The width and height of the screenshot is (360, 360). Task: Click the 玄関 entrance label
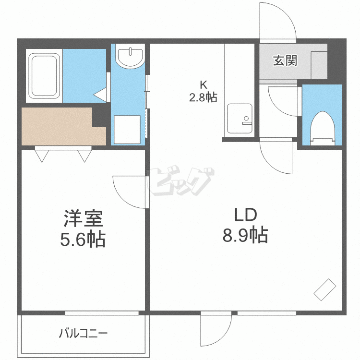[x=285, y=60]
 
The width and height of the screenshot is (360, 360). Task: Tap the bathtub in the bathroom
[x=44, y=76]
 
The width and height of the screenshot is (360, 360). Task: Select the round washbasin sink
[x=130, y=56]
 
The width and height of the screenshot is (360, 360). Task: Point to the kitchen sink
[x=240, y=119]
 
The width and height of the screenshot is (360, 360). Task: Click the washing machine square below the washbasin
[x=127, y=130]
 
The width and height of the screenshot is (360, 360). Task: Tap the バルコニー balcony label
[x=83, y=334]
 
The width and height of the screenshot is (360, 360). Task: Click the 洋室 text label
[x=83, y=218]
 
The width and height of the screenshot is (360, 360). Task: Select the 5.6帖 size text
[x=83, y=239]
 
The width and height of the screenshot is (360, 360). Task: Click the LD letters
[x=245, y=215]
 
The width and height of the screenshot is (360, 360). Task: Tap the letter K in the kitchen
[x=204, y=85]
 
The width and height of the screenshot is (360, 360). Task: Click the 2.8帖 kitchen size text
[x=203, y=97]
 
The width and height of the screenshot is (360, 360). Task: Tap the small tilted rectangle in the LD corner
[x=325, y=289]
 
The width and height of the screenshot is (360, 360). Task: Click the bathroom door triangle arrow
[x=100, y=95]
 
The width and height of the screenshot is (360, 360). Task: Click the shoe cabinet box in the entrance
[x=319, y=65]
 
